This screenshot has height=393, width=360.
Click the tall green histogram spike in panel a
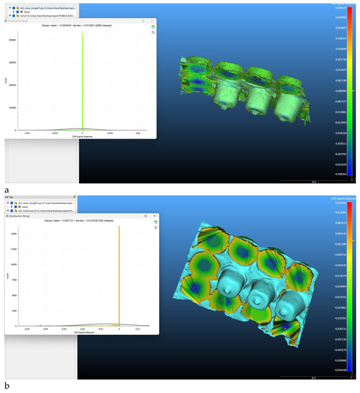point(82,78)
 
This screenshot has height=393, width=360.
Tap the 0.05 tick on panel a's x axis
point(137,133)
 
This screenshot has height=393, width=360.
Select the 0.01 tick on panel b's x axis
point(137,329)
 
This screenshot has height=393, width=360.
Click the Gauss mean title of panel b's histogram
point(81,221)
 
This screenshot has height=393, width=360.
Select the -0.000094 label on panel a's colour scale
point(340,91)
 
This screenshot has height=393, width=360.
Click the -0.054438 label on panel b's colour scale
point(340,369)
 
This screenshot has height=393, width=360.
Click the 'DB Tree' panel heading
point(10,196)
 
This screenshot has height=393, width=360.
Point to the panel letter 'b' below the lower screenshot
point(7,386)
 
